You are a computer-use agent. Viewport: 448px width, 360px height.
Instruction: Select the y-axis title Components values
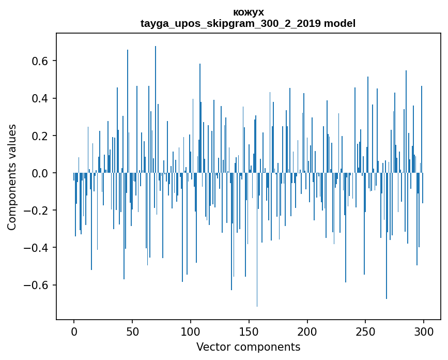click(12, 177)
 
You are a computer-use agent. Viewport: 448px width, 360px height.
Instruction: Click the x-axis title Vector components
click(248, 347)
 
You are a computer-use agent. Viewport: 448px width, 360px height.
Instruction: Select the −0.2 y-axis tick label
click(38, 211)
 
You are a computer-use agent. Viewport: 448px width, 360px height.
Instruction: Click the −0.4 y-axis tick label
click(38, 248)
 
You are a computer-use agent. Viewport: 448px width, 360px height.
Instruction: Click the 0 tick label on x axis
click(74, 331)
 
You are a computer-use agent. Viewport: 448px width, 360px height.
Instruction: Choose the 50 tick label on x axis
click(132, 331)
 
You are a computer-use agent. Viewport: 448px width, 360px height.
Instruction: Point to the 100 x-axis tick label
click(191, 331)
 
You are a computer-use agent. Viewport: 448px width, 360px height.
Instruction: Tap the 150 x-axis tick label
click(249, 331)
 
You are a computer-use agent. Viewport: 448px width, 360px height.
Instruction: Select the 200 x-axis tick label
click(307, 331)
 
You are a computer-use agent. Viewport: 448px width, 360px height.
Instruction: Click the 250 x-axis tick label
click(365, 331)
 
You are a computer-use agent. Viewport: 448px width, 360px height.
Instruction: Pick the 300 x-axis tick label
click(424, 331)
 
